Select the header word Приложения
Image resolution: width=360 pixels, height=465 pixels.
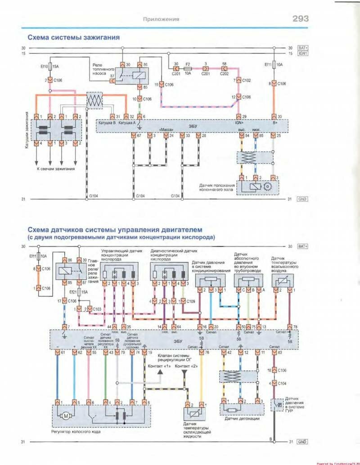pyautogui.click(x=161, y=19)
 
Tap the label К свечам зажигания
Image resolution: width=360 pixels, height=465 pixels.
pyautogui.click(x=56, y=169)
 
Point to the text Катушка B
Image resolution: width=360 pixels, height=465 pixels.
pyautogui.click(x=108, y=121)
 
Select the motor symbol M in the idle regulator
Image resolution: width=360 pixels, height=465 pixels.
pyautogui.click(x=66, y=416)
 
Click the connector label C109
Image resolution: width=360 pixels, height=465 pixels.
pyautogui.click(x=191, y=301)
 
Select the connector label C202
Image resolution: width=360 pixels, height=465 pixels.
pyautogui.click(x=224, y=73)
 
